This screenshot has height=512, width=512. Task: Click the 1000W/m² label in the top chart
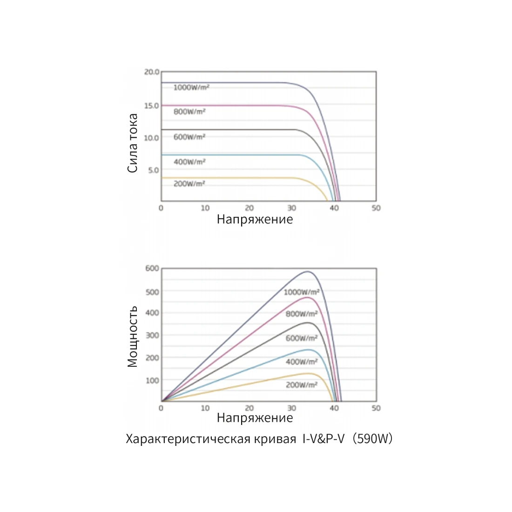pos(191,88)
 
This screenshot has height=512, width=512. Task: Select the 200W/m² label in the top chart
pos(189,184)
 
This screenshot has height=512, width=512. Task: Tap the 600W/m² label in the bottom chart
pos(301,338)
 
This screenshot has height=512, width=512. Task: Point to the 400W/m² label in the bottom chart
pos(301,362)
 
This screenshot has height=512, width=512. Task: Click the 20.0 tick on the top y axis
pos(152,72)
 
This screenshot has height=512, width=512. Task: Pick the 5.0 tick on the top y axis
pos(154,170)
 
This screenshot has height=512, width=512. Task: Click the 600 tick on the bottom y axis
pos(152,269)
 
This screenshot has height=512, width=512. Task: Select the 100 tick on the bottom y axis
pos(152,380)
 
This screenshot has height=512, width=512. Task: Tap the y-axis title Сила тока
pos(133,143)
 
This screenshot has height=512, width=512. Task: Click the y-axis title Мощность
pos(133,336)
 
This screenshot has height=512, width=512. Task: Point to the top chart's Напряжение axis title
pos(255,219)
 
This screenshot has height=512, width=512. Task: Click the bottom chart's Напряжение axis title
pos(255,418)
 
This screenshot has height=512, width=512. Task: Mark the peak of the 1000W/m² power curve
pos(308,271)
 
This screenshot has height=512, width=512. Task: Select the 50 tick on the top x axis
pos(376,208)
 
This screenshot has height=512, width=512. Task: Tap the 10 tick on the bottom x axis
pos(205,408)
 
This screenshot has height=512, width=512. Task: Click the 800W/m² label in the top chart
pos(189,112)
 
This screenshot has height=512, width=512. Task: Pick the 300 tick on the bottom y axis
pos(152,335)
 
